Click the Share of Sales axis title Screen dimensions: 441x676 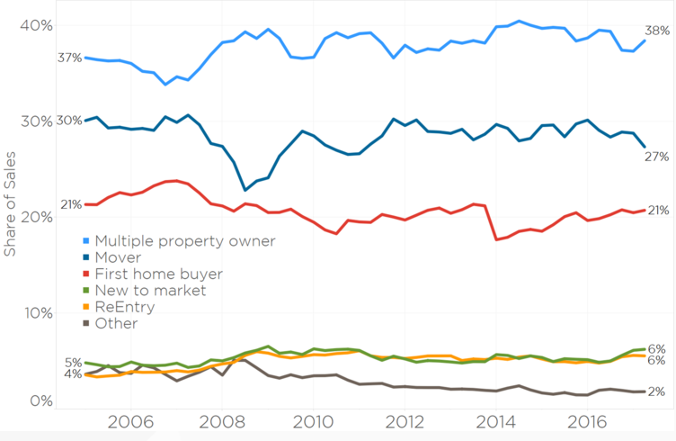pyautogui.click(x=11, y=203)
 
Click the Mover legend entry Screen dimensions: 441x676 pyautogui.click(x=118, y=257)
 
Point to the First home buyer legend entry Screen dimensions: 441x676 pyautogui.click(x=157, y=274)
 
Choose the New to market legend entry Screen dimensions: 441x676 pyautogui.click(x=150, y=290)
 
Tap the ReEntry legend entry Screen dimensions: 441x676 pyautogui.click(x=125, y=307)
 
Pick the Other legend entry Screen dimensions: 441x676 pyautogui.click(x=116, y=323)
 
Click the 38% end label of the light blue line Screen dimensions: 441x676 pyautogui.click(x=657, y=31)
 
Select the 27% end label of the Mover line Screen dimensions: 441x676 pyautogui.click(x=657, y=157)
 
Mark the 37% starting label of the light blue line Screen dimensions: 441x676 pyautogui.click(x=69, y=58)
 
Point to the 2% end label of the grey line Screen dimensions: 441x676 pyautogui.click(x=656, y=391)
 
